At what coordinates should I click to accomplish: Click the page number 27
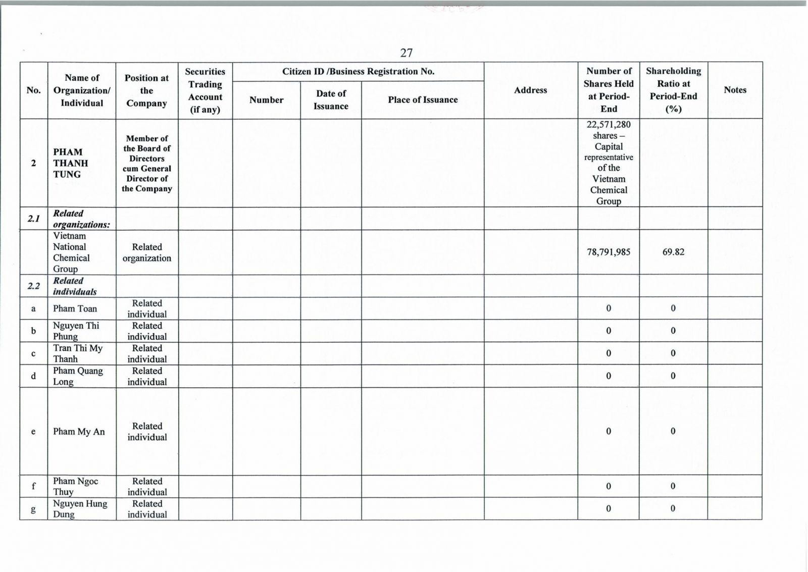[407, 53]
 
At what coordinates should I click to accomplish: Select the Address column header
[530, 90]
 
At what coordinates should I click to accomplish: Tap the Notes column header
[735, 90]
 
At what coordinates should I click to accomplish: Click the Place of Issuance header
[423, 100]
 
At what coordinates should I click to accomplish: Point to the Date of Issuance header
[331, 100]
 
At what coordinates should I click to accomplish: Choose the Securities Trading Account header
[205, 90]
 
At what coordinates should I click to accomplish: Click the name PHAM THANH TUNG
[71, 163]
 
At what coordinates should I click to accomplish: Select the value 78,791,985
[609, 252]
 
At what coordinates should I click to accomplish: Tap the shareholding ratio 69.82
[673, 252]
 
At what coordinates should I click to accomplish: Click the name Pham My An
[79, 432]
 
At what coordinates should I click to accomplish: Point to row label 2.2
[33, 286]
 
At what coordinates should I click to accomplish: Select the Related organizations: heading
[81, 219]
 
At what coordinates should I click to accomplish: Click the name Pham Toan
[75, 308]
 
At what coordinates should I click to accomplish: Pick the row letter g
[33, 509]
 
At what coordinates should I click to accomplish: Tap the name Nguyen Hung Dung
[80, 509]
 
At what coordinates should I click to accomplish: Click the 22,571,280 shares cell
[609, 163]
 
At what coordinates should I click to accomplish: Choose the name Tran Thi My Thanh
[77, 353]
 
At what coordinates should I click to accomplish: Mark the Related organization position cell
[147, 252]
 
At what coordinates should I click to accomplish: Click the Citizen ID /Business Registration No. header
[358, 72]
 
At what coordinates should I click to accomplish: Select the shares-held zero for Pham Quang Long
[609, 376]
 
